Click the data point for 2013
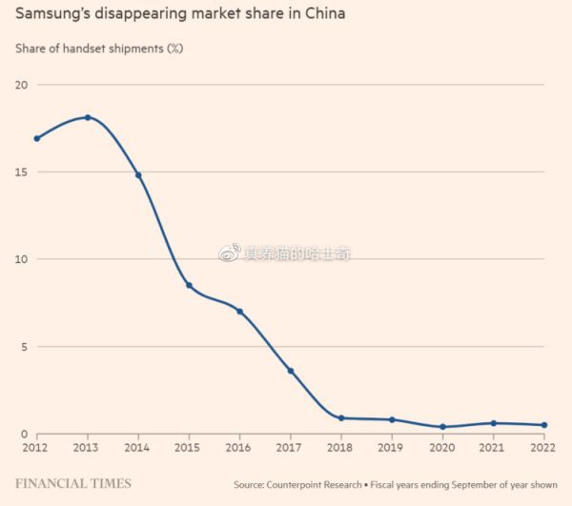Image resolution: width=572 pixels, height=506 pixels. [88, 117]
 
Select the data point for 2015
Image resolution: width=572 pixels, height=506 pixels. [189, 285]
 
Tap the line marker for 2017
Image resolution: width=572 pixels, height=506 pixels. [291, 371]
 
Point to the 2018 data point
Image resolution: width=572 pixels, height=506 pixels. [341, 417]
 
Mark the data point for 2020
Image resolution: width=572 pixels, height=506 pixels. [442, 427]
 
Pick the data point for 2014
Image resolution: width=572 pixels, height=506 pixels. [138, 175]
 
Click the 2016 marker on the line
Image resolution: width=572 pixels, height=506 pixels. [240, 312]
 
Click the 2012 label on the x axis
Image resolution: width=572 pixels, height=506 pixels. [35, 447]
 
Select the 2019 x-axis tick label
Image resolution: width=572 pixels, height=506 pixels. [392, 447]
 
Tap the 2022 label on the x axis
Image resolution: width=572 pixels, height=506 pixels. [543, 447]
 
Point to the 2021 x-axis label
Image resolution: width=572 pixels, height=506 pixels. [493, 447]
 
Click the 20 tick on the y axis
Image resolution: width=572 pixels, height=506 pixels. [20, 85]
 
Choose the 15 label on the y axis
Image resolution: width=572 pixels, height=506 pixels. [20, 172]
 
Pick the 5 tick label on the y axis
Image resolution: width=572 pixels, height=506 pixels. [23, 347]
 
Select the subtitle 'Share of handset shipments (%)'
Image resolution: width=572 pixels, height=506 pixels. [98, 48]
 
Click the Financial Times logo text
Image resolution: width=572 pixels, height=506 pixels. [72, 483]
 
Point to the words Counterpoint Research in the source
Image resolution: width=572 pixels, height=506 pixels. [314, 484]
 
